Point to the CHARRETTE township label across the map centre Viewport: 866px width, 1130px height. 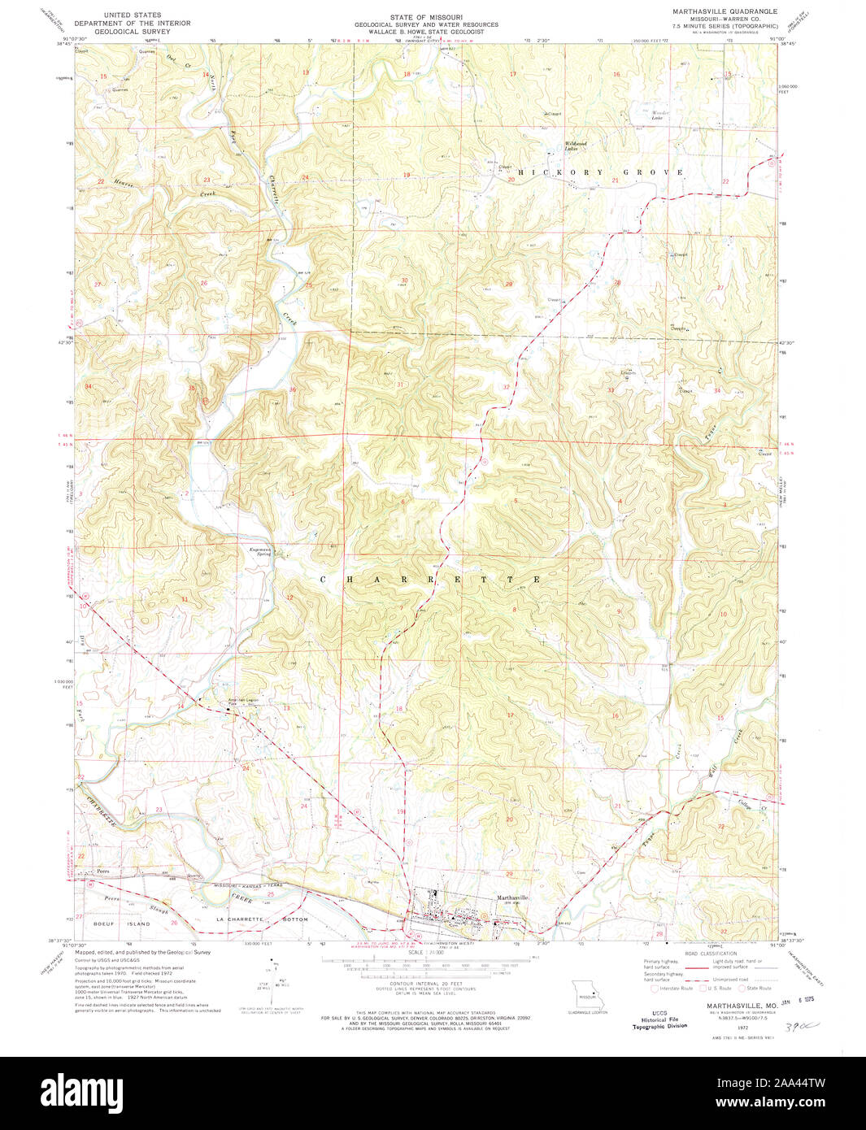[x=431, y=580]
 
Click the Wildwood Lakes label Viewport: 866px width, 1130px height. [x=576, y=146]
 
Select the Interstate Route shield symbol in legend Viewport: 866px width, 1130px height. [x=655, y=988]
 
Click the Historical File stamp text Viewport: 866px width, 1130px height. [x=659, y=1019]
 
